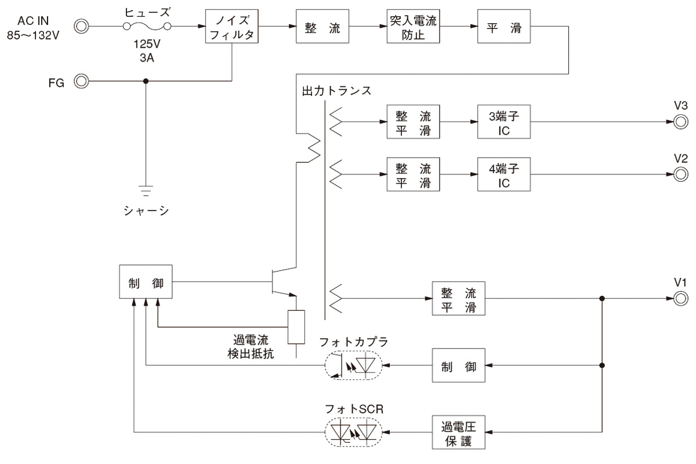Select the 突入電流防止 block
(413, 27)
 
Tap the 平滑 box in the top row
(503, 27)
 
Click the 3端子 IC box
(503, 122)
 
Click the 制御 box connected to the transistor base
(145, 282)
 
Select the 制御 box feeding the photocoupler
(458, 366)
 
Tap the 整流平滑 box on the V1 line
(458, 298)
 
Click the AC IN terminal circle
(82, 26)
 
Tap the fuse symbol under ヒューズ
(145, 26)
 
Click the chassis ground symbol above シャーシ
(146, 189)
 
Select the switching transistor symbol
(281, 282)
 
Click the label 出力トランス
(336, 92)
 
